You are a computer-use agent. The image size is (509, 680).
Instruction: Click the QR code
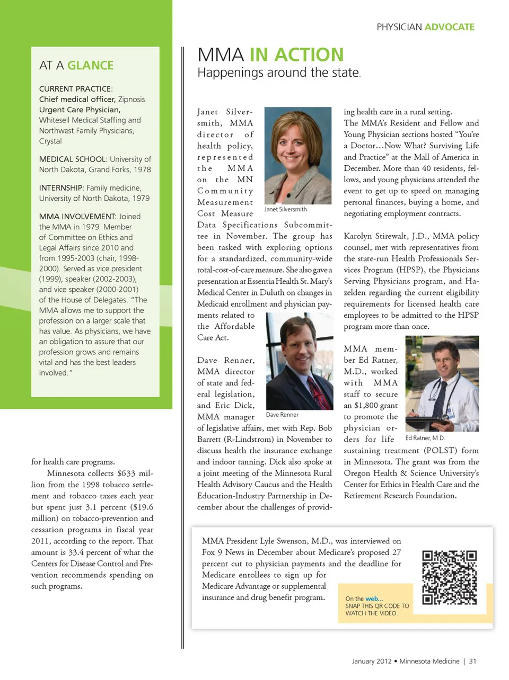(x=449, y=577)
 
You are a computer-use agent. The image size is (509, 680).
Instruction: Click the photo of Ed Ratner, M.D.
(x=442, y=383)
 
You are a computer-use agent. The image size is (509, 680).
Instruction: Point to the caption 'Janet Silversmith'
(x=285, y=209)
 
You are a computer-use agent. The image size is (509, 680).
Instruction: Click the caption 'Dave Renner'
(x=282, y=415)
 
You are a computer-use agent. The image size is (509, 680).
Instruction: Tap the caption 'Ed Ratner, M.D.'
(x=425, y=438)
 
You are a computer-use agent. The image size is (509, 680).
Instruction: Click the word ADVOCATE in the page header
(x=450, y=27)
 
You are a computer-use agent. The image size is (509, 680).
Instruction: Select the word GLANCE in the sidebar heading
(x=90, y=65)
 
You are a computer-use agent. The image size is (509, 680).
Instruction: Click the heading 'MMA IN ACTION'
(x=270, y=55)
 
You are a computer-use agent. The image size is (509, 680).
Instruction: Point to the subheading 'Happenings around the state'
(x=278, y=73)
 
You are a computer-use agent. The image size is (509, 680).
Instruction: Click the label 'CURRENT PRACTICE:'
(x=76, y=89)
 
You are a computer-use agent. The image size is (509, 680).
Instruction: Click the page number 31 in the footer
(x=472, y=661)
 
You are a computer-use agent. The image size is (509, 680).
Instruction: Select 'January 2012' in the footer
(x=372, y=661)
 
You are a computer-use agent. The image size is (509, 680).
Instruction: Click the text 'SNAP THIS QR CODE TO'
(x=377, y=606)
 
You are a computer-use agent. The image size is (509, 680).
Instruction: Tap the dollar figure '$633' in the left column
(x=126, y=473)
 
